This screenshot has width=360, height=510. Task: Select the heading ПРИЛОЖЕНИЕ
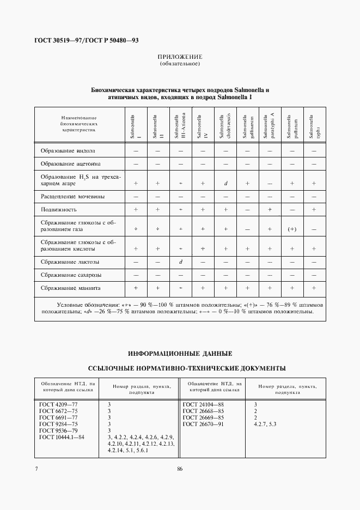point(180,57)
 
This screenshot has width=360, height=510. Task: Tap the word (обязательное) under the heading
point(180,64)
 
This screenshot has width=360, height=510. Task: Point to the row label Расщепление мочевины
point(72,196)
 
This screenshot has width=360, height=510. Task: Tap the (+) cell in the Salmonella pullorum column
point(292,229)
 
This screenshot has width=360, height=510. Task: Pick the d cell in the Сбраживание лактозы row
point(180,262)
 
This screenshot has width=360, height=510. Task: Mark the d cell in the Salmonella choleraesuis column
point(225,184)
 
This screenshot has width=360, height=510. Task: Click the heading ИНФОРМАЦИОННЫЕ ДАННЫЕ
point(180,353)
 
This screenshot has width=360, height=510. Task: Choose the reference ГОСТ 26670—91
point(203,424)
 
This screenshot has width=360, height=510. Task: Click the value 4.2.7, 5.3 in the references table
point(265,424)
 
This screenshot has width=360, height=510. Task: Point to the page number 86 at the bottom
point(180,469)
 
